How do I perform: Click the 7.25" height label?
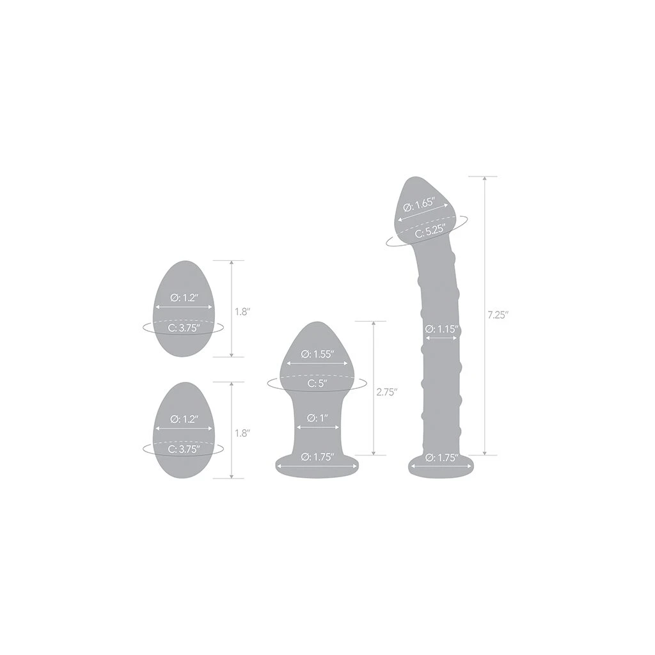pos(498,315)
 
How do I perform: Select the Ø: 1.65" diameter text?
pos(420,205)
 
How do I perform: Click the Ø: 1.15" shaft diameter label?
pos(442,329)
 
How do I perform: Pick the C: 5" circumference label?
pos(317,384)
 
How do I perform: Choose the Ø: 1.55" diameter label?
pos(317,354)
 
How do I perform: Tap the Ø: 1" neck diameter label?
pos(317,418)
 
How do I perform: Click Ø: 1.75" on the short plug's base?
pos(317,457)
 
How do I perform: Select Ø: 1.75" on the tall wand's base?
pos(442,457)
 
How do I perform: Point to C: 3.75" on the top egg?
pos(184,327)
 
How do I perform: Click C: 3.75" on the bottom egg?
pos(184,449)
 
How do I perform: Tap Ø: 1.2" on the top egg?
pos(184,297)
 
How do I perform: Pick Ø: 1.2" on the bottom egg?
pos(184,418)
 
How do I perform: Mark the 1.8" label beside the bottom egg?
pos(242,432)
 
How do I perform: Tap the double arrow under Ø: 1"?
pos(317,427)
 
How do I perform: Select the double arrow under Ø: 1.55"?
pos(317,363)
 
